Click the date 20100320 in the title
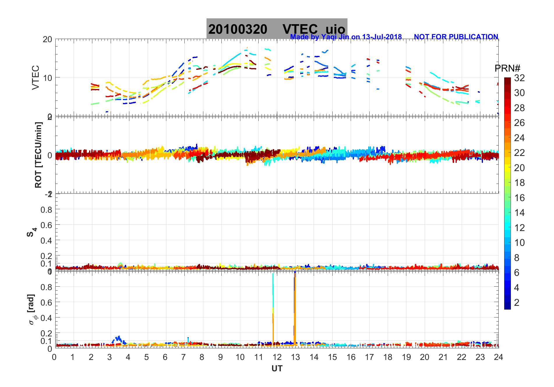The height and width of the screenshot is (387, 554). click(238, 29)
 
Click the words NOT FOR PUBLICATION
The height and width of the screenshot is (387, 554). click(456, 37)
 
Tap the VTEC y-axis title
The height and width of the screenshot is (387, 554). click(35, 77)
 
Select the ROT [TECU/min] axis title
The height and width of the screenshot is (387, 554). click(38, 155)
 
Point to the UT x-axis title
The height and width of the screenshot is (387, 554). click(277, 369)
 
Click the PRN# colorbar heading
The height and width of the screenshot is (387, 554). click(507, 68)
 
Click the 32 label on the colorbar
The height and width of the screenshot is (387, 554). click(519, 78)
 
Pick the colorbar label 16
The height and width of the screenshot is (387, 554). click(519, 198)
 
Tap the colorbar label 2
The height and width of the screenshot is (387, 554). click(517, 303)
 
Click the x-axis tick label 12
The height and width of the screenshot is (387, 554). click(277, 357)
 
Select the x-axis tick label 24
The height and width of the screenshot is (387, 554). click(498, 357)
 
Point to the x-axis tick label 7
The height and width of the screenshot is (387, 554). click(184, 357)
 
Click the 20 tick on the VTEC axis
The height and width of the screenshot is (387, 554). click(47, 40)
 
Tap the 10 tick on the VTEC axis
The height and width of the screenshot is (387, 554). click(47, 78)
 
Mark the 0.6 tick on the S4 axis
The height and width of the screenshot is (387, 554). click(46, 225)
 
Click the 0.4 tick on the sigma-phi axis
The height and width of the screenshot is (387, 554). click(46, 318)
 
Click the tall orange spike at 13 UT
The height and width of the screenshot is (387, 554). click(295, 308)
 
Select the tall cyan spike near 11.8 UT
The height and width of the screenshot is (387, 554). click(273, 291)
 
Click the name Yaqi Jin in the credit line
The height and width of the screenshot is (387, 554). click(335, 37)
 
